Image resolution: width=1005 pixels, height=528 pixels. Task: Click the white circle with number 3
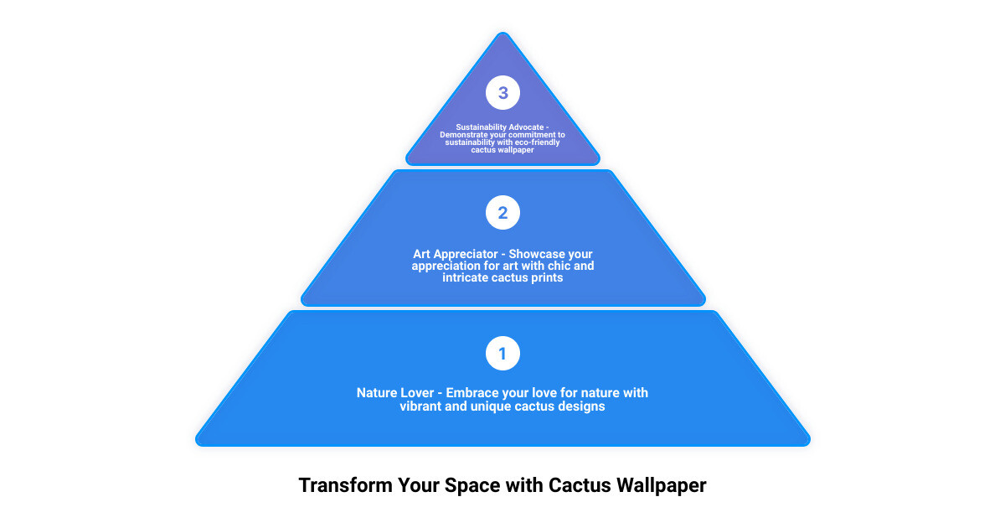502,92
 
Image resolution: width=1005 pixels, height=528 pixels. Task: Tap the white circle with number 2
502,212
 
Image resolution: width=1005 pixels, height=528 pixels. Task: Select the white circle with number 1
502,354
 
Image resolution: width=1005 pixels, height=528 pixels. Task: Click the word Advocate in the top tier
526,127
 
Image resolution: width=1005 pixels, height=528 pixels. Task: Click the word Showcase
532,254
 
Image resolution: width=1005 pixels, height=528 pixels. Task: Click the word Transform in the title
345,485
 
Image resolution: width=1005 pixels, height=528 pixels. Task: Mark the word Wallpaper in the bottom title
661,486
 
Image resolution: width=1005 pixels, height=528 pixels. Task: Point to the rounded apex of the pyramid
503,34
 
